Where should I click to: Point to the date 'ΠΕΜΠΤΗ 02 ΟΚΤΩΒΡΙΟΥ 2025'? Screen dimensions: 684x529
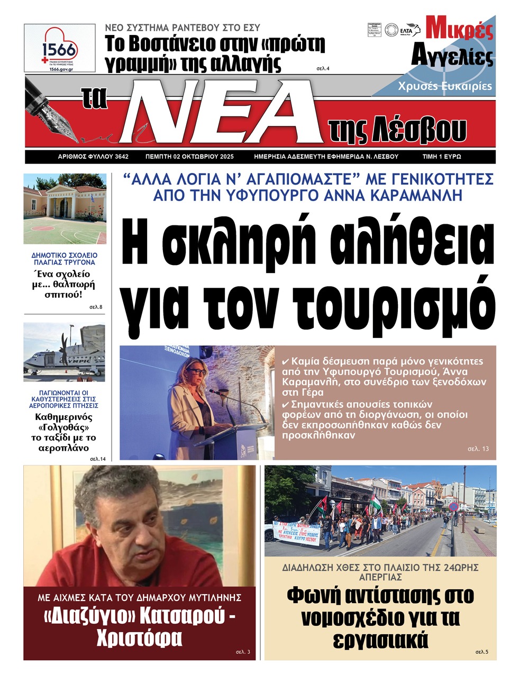click(x=189, y=157)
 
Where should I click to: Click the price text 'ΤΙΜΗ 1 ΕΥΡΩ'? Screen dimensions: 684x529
click(x=442, y=157)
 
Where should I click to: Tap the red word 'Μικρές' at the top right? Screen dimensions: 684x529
click(x=459, y=29)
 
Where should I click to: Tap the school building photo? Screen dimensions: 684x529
click(x=65, y=208)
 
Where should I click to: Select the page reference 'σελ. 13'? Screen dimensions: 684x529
click(x=478, y=449)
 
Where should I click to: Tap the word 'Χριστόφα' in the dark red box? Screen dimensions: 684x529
click(x=139, y=637)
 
